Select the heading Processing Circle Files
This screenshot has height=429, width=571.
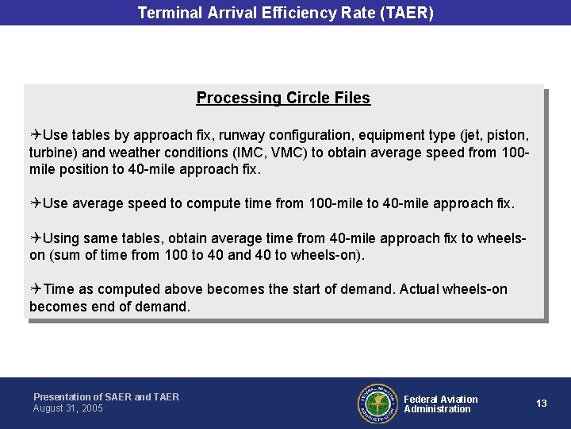(283, 98)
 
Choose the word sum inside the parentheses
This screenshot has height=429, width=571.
(67, 255)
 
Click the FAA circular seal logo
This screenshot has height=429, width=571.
(377, 404)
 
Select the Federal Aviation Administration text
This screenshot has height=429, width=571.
(440, 404)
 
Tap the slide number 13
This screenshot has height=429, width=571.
(542, 404)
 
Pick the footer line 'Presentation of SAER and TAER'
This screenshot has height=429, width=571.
(106, 396)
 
